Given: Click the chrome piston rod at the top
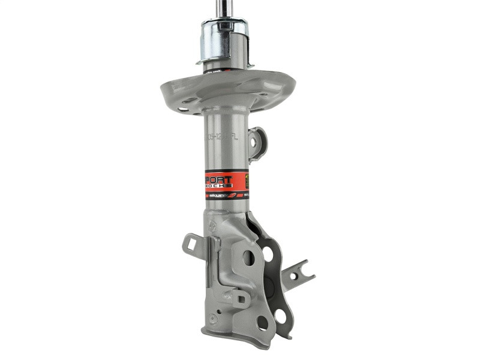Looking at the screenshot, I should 226,8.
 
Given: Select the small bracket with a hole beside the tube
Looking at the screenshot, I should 257,143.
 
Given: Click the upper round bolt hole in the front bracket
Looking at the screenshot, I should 249,257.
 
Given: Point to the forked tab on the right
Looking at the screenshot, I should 298,274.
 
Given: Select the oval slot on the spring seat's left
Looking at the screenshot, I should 182,109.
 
